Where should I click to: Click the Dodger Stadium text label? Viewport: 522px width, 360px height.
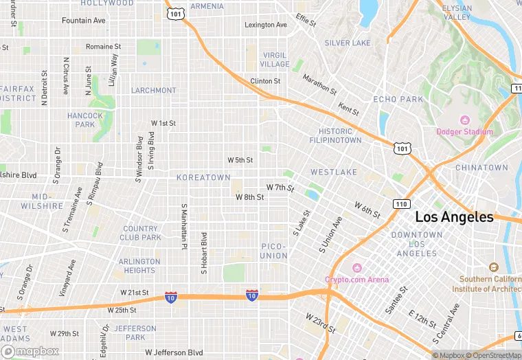pyautogui.click(x=464, y=132)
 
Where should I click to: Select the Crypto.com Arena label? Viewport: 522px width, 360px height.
pyautogui.click(x=356, y=280)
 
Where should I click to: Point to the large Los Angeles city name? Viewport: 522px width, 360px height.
pyautogui.click(x=454, y=217)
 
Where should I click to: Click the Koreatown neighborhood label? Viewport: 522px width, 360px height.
pyautogui.click(x=203, y=177)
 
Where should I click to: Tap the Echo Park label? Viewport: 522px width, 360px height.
pyautogui.click(x=398, y=99)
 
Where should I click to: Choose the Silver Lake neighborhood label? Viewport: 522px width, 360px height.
pyautogui.click(x=347, y=43)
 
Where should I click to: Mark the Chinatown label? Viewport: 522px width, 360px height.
pyautogui.click(x=481, y=168)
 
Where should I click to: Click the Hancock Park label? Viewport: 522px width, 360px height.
pyautogui.click(x=84, y=120)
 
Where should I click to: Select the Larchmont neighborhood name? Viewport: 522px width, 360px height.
pyautogui.click(x=153, y=90)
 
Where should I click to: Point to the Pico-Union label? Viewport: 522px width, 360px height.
pyautogui.click(x=274, y=251)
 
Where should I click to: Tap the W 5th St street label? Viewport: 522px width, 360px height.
pyautogui.click(x=240, y=160)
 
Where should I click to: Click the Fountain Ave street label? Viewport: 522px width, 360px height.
pyautogui.click(x=84, y=21)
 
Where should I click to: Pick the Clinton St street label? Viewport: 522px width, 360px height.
pyautogui.click(x=265, y=81)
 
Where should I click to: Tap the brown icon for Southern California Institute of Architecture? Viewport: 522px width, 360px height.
pyautogui.click(x=492, y=267)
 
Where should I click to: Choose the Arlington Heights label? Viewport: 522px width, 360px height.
pyautogui.click(x=139, y=266)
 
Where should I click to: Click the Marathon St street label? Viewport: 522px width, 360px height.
pyautogui.click(x=319, y=85)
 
